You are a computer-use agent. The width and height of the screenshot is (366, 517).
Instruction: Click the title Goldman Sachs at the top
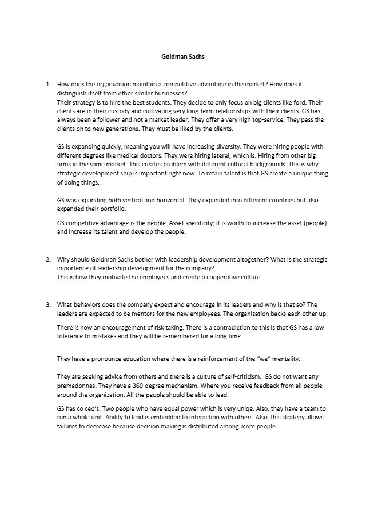(183, 57)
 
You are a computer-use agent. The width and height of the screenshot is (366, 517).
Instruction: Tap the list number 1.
(48, 85)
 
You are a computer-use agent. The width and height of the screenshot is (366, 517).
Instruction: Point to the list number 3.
(48, 304)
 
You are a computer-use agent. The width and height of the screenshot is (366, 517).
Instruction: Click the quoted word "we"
(249, 359)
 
